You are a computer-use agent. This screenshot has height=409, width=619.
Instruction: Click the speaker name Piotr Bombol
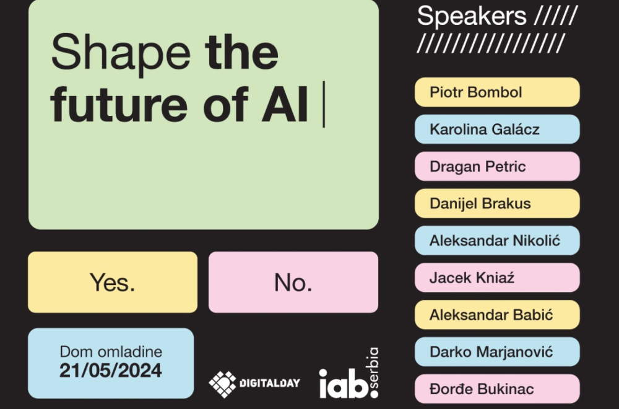click(497, 92)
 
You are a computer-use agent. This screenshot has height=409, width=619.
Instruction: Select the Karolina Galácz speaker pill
click(497, 130)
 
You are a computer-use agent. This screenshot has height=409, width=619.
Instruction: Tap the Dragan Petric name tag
click(497, 166)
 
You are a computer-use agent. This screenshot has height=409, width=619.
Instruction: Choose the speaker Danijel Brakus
click(497, 203)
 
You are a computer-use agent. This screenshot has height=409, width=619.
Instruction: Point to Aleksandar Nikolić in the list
click(497, 240)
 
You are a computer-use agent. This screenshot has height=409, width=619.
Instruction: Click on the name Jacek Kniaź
click(497, 278)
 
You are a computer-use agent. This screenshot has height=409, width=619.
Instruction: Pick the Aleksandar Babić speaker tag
click(497, 315)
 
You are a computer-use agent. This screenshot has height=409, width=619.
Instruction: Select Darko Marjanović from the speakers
click(497, 352)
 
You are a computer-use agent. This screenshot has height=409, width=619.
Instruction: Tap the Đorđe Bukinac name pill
click(497, 389)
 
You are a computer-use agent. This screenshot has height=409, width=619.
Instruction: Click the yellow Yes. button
click(113, 282)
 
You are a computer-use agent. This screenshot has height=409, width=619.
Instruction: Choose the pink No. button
click(293, 282)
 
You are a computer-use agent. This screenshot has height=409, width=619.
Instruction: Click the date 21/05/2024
click(111, 371)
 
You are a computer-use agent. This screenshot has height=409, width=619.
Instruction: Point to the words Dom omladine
click(111, 351)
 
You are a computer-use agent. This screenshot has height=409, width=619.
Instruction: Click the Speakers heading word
click(472, 17)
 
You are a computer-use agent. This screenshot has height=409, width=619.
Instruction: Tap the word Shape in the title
click(121, 53)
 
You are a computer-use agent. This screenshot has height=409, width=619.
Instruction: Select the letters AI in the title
click(285, 104)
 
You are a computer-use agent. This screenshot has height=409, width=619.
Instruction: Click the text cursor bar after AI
click(324, 104)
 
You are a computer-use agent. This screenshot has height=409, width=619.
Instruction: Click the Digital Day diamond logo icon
click(222, 384)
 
